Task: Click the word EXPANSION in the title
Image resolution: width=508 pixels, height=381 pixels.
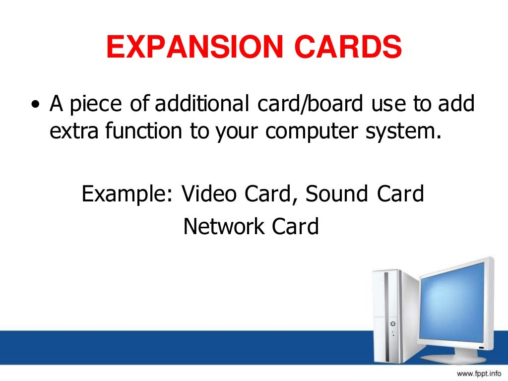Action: [187, 49]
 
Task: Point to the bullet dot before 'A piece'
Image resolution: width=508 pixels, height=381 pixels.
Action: [35, 105]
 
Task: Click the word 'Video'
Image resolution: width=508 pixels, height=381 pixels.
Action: [209, 193]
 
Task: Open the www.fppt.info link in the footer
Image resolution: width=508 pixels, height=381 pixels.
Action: [479, 373]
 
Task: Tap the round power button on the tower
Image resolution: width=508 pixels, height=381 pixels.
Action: [393, 323]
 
